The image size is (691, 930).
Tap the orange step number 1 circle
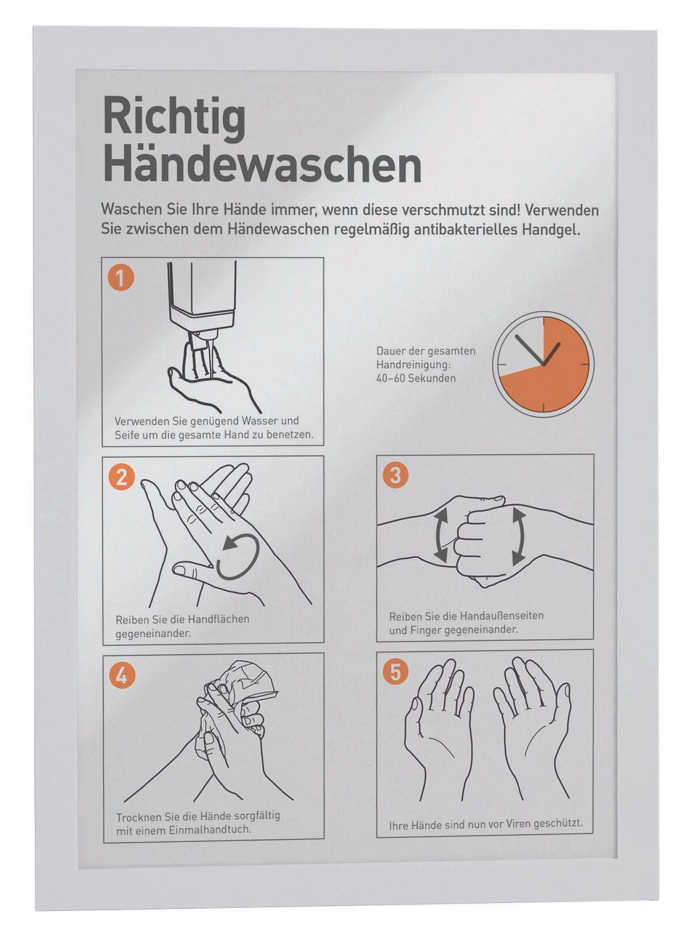coord(121,278)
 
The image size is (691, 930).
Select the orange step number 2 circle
coord(122,477)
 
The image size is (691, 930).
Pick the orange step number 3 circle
coord(396,475)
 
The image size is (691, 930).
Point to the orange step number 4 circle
coord(122,675)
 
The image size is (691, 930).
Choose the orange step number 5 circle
coord(396,672)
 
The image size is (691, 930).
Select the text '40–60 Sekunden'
coord(415,378)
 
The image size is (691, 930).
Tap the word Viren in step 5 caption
coord(507,824)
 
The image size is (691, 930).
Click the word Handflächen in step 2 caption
coord(218,619)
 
